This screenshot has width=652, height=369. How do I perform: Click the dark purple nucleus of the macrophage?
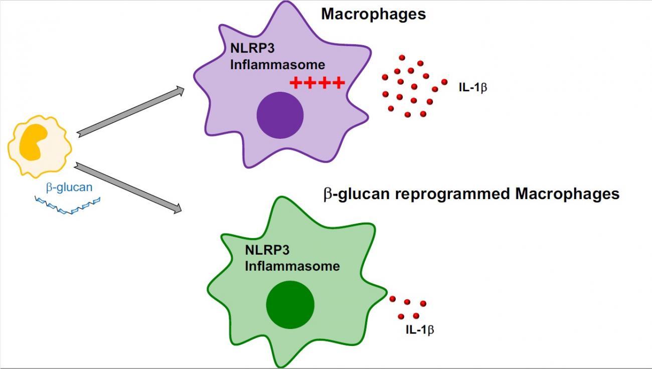click(280, 115)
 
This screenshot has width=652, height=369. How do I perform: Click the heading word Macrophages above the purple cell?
click(373, 14)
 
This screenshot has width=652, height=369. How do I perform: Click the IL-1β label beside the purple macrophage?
click(473, 87)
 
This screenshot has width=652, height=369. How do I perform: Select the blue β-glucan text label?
click(69, 188)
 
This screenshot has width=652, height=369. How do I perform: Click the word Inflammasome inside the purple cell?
click(277, 65)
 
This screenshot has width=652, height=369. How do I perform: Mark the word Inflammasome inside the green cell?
click(292, 266)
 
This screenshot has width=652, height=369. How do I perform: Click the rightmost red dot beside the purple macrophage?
click(444, 81)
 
